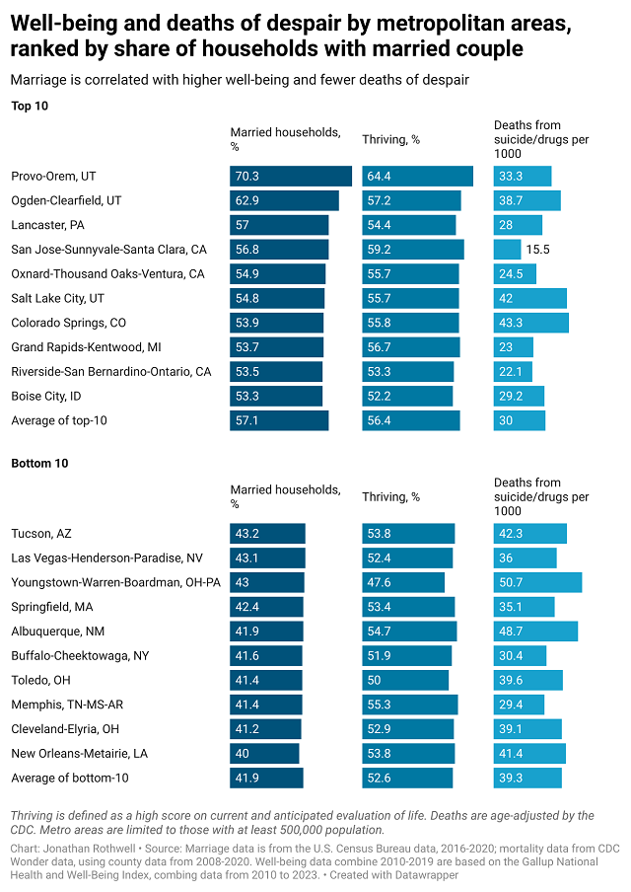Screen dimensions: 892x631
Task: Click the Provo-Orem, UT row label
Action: (53, 177)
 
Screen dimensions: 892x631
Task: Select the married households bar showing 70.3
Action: (291, 177)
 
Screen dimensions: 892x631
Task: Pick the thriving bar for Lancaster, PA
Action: (409, 225)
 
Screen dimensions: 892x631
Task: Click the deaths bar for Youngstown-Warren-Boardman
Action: (537, 582)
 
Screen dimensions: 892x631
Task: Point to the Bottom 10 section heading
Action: (39, 463)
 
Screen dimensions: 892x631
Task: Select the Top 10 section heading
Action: (30, 106)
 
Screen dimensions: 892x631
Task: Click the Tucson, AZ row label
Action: (41, 534)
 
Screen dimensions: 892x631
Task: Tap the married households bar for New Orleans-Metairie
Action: (264, 754)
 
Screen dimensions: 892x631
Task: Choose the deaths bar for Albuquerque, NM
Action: (535, 632)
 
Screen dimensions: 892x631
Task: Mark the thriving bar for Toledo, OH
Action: (405, 680)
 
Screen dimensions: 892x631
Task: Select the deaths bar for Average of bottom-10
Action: (527, 779)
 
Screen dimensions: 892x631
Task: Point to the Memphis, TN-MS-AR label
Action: (67, 705)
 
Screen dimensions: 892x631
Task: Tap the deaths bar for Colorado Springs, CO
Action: (531, 323)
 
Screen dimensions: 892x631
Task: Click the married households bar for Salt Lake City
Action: (277, 298)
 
